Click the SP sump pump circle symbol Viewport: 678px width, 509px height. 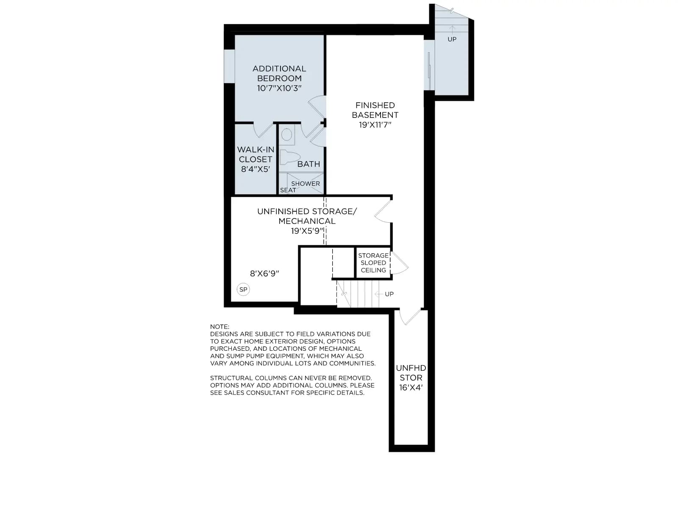[x=243, y=289]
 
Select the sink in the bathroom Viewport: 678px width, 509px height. [x=286, y=135]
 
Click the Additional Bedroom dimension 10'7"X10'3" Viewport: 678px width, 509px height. [x=279, y=88]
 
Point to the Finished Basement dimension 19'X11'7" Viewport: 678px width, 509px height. [x=375, y=125]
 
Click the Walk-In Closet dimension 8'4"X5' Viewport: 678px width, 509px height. [x=256, y=169]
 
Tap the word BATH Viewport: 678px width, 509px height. [x=308, y=164]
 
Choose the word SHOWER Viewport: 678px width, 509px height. [x=306, y=183]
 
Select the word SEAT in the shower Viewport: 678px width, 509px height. [x=288, y=190]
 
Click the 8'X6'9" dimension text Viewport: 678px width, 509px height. [x=264, y=273]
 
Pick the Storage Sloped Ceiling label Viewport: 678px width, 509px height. [x=373, y=263]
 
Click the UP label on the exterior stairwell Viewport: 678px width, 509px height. [x=452, y=39]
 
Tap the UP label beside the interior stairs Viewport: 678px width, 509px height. [x=389, y=294]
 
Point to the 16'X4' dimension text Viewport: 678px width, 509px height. [x=411, y=388]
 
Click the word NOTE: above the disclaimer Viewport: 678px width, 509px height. [x=220, y=327]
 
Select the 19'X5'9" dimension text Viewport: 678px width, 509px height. [x=307, y=231]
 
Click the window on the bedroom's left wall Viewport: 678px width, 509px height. [x=229, y=66]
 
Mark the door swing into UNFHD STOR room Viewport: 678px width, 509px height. [x=410, y=316]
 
